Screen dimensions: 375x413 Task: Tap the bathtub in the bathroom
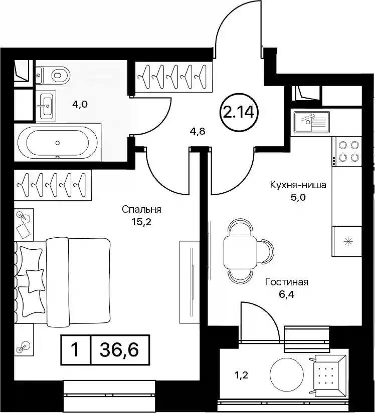click(x=58, y=143)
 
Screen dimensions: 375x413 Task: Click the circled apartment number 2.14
click(x=239, y=113)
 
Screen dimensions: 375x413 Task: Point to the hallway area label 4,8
click(x=198, y=131)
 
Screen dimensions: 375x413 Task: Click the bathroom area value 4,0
click(x=80, y=105)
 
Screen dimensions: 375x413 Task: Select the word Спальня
click(x=141, y=210)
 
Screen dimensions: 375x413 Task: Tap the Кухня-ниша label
click(x=298, y=185)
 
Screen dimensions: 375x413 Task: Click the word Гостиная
click(x=287, y=282)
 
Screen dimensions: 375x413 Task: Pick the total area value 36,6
click(x=119, y=350)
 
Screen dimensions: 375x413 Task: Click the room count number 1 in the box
click(x=76, y=350)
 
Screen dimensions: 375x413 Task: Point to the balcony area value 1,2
click(x=241, y=375)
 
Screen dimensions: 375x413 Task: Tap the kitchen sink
click(x=312, y=122)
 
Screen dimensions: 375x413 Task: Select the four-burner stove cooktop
click(x=347, y=151)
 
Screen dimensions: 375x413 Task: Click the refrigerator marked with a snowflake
click(x=346, y=241)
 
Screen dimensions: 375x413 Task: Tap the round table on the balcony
click(x=287, y=374)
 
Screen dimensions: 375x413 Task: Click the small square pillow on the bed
click(x=35, y=281)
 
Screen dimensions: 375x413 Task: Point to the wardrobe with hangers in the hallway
click(x=174, y=77)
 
